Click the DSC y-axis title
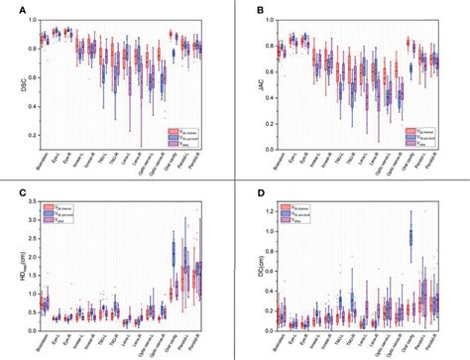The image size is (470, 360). [x=10, y=85]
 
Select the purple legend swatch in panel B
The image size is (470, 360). [x=409, y=147]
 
